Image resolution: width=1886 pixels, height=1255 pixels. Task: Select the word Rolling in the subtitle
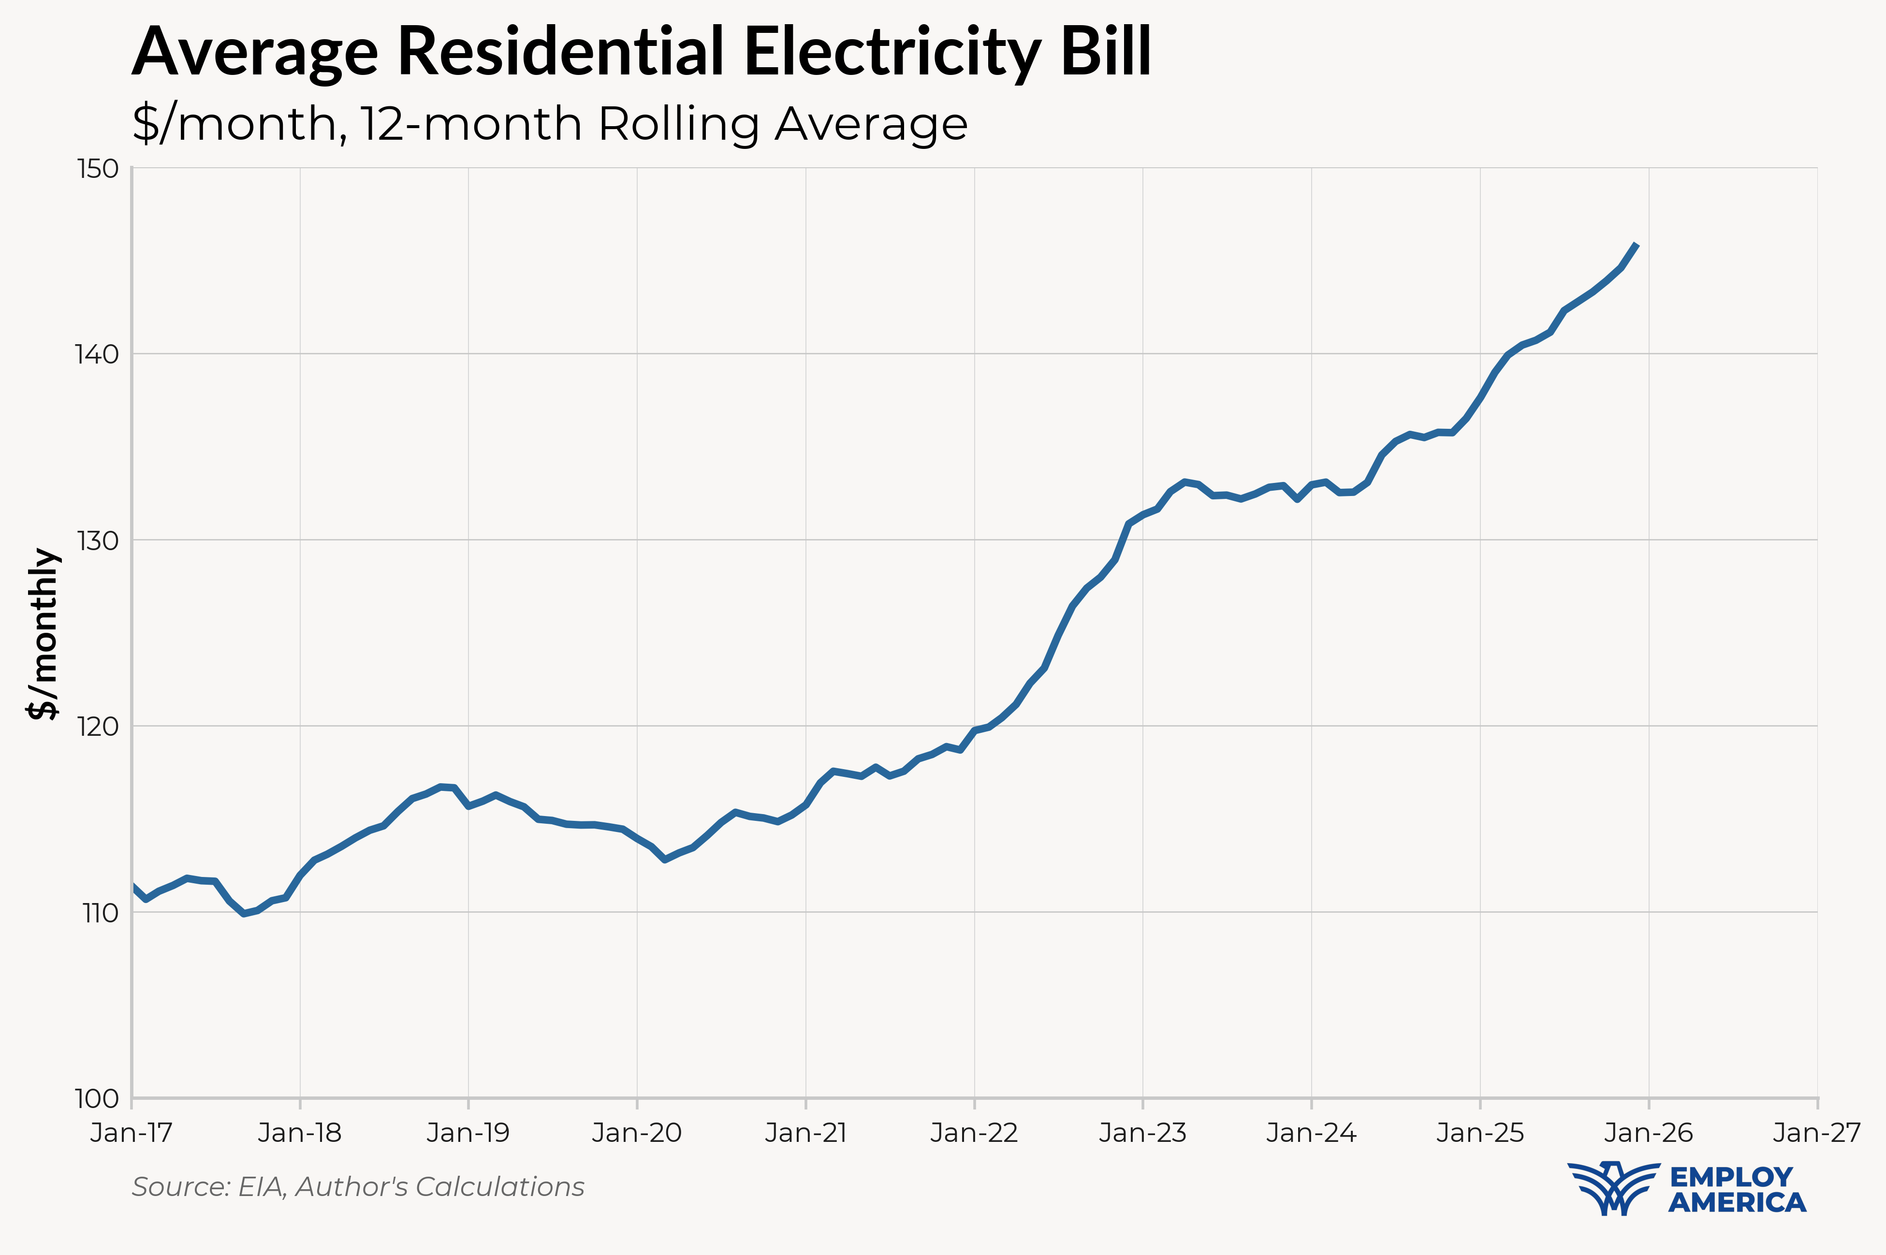click(x=679, y=125)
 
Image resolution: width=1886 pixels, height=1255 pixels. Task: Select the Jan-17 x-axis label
click(x=132, y=1133)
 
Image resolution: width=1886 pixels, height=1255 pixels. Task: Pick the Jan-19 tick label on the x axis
click(x=468, y=1133)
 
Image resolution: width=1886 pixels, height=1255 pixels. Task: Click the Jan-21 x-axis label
click(x=806, y=1133)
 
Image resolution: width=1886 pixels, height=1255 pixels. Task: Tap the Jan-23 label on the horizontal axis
click(x=1143, y=1133)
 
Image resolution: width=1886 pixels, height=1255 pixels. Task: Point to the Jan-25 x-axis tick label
click(x=1480, y=1133)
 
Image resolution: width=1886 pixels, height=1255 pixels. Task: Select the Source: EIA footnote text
click(x=358, y=1186)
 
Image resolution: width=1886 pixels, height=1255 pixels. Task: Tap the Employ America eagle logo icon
click(x=1613, y=1188)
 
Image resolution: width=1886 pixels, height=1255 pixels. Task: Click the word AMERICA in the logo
click(x=1737, y=1202)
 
